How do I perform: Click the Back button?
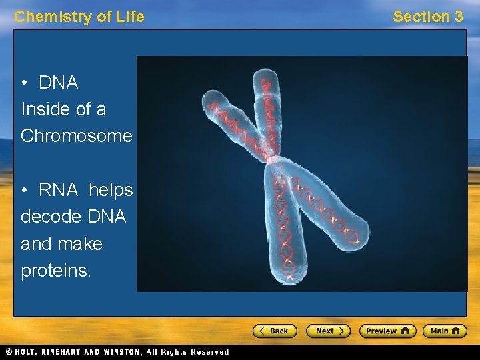click(x=274, y=331)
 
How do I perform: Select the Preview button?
click(x=387, y=331)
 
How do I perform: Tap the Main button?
click(x=445, y=331)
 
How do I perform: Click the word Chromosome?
click(x=77, y=136)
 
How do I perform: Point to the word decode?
click(x=50, y=217)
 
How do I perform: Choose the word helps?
click(x=111, y=191)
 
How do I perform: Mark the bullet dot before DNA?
click(x=25, y=83)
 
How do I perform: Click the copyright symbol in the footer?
click(x=8, y=352)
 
